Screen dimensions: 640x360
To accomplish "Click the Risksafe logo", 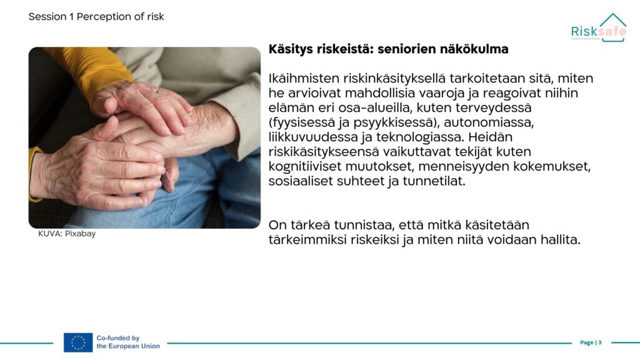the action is pos(598,27).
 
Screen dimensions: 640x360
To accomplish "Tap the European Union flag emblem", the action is pos(78,342).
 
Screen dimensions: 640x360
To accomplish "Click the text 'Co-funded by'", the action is pos(118,338).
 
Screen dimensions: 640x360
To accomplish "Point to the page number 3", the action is pos(600,342).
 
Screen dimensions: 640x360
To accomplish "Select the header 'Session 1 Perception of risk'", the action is pos(96,17).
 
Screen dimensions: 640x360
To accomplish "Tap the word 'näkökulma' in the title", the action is pos(474,49).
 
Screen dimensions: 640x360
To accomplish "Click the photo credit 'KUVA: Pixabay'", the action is pos(67,234).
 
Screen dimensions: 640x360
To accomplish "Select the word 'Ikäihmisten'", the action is pos(304,78).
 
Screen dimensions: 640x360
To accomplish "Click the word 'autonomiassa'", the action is pos(489,122).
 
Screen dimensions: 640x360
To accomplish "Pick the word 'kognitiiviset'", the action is pos(305,166).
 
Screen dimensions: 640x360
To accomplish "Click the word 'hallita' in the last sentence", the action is pos(561,239).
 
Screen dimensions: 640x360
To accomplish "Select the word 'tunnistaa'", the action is pos(364,225).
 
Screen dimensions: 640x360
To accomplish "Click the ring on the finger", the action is pos(158,91).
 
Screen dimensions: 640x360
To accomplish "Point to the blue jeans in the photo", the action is pos(204,192).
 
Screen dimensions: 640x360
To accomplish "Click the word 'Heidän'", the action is pos(490,137).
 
